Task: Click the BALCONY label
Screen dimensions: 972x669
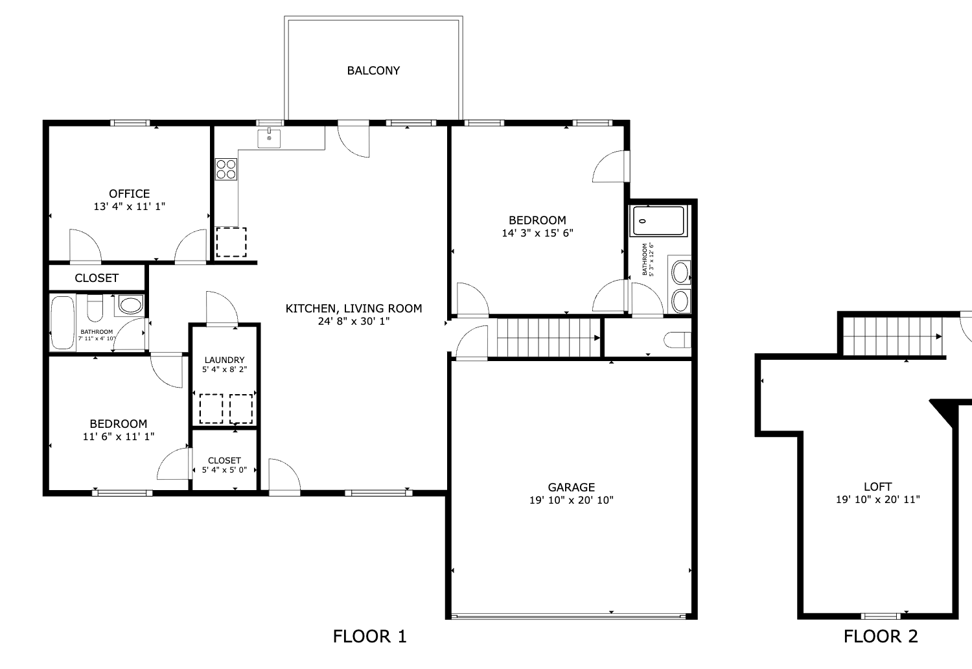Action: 373,70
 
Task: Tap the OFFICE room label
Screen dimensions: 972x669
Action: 130,194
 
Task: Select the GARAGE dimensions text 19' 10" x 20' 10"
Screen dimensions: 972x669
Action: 571,500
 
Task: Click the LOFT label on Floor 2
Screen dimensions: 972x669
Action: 877,487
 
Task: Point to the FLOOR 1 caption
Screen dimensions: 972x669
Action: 370,637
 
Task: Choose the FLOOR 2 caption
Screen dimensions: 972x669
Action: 881,637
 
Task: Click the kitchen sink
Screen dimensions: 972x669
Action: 269,138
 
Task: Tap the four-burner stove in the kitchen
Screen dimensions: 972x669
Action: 226,169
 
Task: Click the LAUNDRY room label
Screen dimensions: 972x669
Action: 224,360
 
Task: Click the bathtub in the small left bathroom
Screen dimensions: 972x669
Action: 62,323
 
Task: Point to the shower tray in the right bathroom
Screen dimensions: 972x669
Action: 659,221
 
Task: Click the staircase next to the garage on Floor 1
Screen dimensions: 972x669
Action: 548,338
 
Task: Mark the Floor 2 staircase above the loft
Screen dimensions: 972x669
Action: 892,336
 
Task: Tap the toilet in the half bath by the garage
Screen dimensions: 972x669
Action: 677,340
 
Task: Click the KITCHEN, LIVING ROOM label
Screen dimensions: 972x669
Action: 354,309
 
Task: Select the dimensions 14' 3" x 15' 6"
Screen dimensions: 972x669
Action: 537,233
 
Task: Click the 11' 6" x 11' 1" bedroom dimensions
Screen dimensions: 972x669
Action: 119,437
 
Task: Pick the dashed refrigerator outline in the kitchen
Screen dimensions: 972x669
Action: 231,242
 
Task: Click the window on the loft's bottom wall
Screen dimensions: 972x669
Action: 881,616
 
